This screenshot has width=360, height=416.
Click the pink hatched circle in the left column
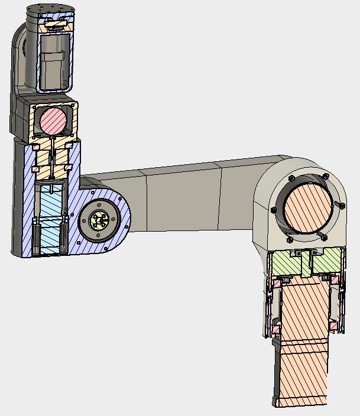coord(53,121)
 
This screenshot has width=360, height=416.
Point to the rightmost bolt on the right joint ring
coord(341,205)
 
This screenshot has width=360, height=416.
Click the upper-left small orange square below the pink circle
coord(35,146)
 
